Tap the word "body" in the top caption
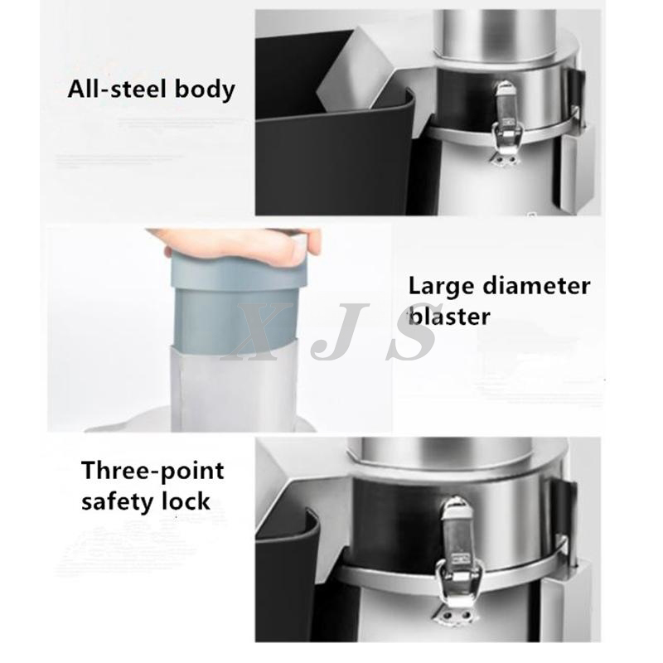(203, 90)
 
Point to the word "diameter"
(542, 287)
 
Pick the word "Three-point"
(152, 472)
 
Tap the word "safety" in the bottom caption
(121, 501)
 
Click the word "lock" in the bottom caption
(188, 501)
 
